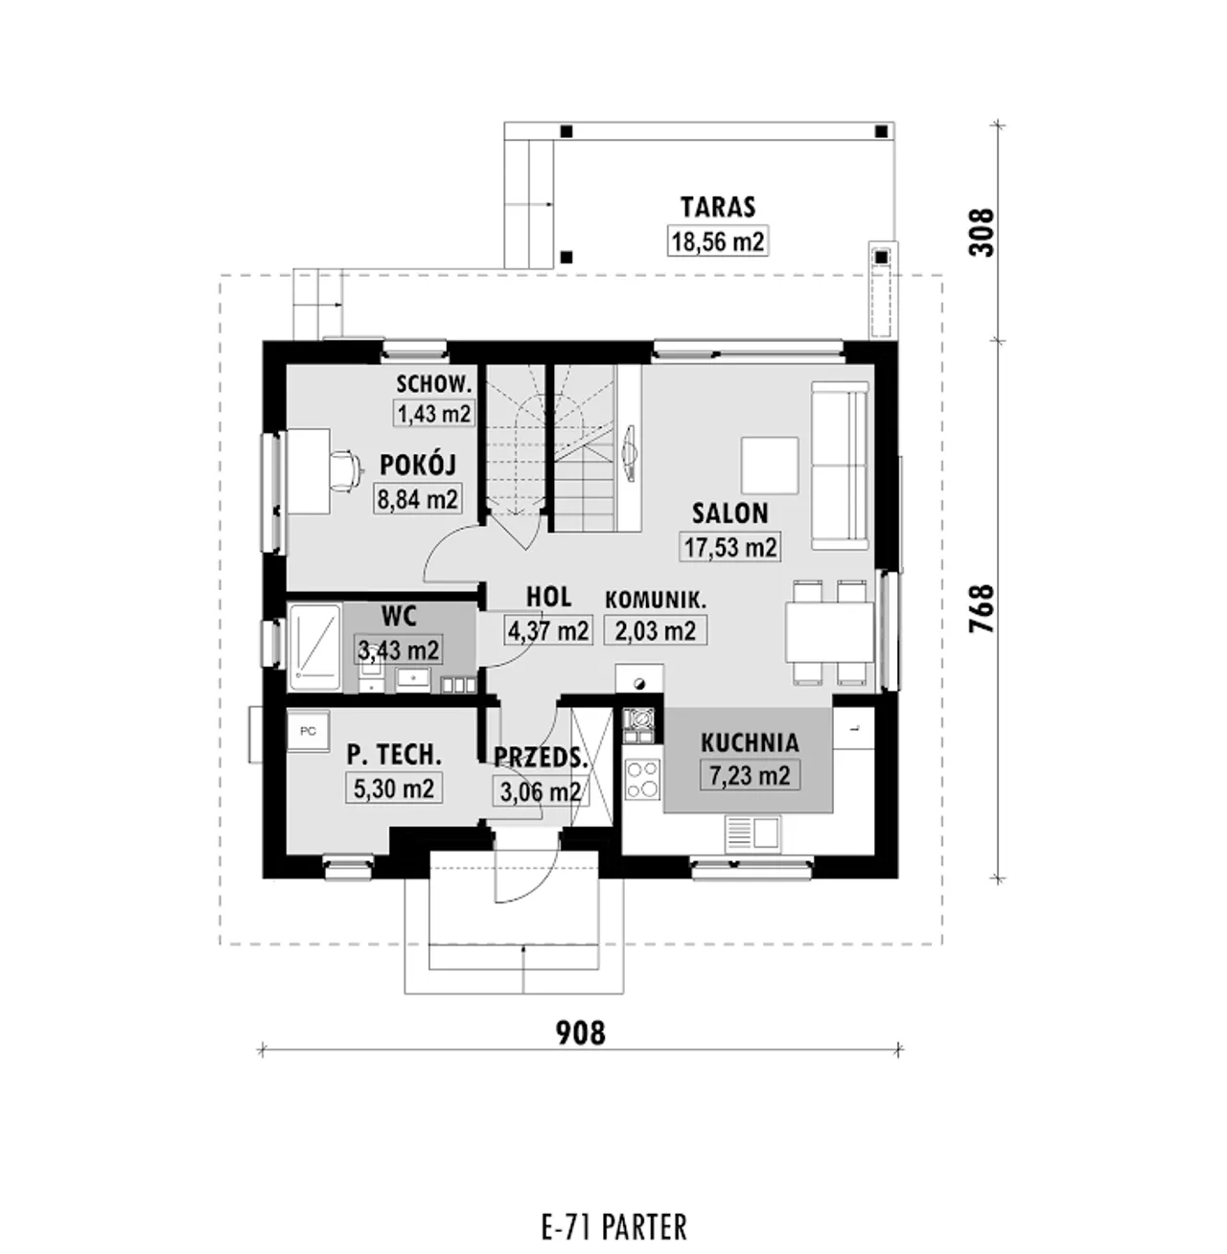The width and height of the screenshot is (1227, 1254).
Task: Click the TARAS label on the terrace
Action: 718,207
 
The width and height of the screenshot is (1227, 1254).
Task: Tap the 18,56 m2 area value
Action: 718,241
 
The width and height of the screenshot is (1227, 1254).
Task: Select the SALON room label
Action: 729,513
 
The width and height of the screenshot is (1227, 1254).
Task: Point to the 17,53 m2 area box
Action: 730,547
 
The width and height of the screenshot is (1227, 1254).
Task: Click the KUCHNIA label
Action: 750,742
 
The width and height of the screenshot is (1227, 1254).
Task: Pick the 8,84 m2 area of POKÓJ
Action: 418,499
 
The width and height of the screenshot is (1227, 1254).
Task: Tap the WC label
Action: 399,616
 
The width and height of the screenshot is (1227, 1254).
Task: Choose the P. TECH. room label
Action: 394,755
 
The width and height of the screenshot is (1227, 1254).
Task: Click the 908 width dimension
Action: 581,1033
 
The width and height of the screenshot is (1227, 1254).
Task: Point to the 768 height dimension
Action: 982,608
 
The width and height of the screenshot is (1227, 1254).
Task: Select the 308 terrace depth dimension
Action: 982,232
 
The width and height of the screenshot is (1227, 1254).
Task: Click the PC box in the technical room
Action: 309,731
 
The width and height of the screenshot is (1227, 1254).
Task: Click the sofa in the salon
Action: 840,466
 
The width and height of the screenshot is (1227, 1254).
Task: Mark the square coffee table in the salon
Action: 770,466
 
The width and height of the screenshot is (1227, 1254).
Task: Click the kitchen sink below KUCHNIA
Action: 752,834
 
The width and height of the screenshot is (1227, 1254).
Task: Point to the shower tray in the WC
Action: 315,648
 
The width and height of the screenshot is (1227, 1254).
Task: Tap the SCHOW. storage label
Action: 434,384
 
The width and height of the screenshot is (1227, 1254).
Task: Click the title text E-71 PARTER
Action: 614,1227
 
